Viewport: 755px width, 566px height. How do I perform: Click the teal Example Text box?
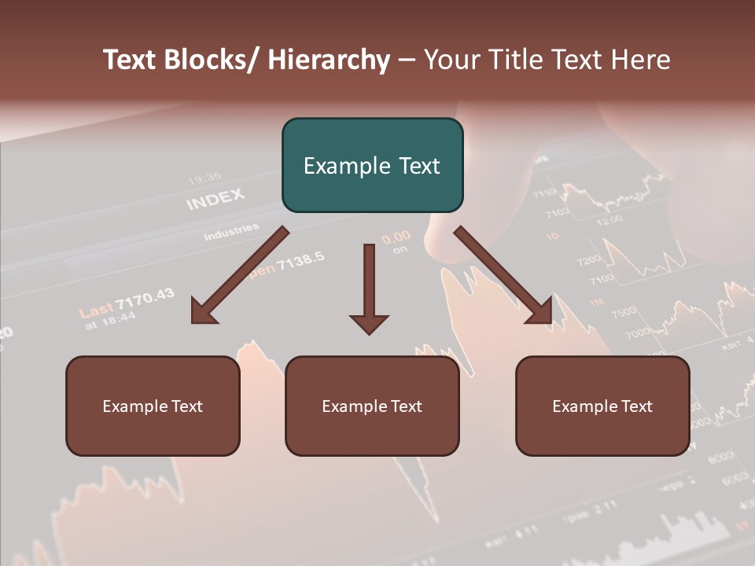click(372, 165)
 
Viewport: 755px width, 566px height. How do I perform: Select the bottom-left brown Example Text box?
click(153, 406)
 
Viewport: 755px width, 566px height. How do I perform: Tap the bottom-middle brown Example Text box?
click(372, 406)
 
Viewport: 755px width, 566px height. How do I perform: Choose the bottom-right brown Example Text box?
click(602, 406)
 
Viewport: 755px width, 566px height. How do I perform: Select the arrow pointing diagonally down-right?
click(503, 276)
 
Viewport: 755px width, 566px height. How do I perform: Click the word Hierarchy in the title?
click(329, 61)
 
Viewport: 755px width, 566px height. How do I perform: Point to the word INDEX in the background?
click(215, 199)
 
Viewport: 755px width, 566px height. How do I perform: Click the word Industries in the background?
click(231, 232)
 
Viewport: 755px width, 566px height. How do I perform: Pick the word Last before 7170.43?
click(96, 310)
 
